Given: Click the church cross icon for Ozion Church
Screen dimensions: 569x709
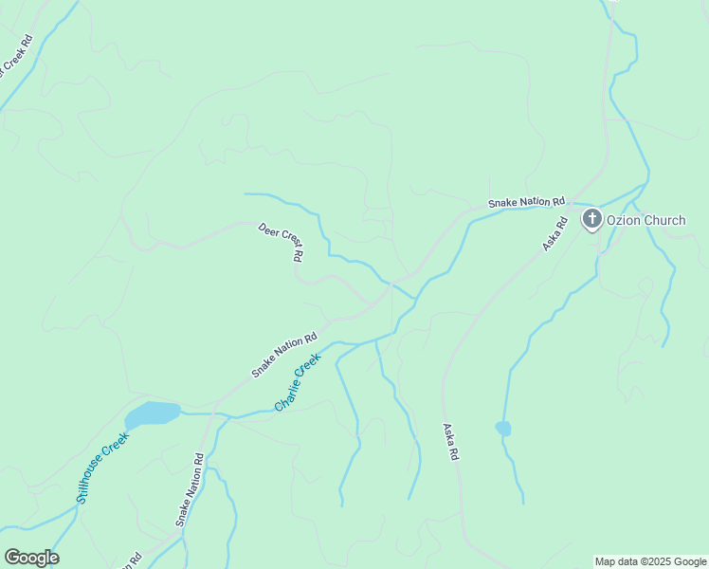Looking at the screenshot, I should (591, 220).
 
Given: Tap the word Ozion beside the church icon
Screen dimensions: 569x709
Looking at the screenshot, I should (625, 221).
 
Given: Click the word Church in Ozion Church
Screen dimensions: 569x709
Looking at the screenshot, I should (664, 221).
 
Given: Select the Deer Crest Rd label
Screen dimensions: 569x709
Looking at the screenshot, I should (282, 242).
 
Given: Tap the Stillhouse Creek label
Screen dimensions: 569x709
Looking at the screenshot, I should (102, 468).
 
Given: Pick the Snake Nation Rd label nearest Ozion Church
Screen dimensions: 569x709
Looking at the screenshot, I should (526, 202).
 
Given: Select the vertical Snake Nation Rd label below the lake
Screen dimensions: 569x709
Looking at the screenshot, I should (190, 489).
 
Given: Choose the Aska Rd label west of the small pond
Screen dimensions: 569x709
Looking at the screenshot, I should (450, 442).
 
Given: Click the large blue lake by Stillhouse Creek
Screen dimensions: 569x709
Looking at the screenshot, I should (152, 413).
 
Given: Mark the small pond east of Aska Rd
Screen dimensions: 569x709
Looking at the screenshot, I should (503, 429).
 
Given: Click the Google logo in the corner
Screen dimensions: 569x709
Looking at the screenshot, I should (31, 558).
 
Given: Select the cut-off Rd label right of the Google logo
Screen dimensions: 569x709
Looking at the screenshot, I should (134, 560).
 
